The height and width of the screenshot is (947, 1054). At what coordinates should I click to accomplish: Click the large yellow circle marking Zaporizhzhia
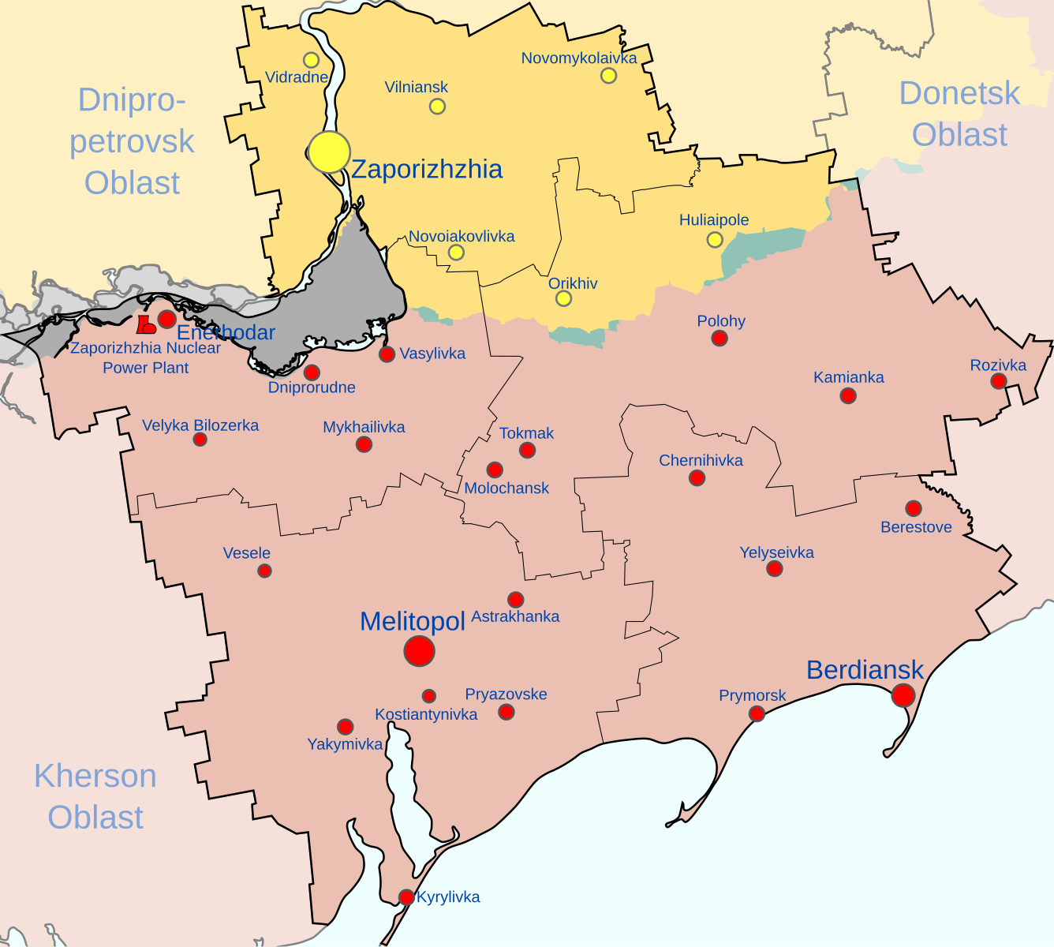click(329, 152)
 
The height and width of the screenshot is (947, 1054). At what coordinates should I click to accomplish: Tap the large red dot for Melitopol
click(419, 651)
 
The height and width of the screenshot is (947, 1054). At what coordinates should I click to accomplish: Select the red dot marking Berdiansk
click(903, 694)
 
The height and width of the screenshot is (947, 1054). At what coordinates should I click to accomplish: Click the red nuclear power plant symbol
click(146, 324)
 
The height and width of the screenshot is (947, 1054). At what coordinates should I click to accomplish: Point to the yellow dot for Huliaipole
click(715, 239)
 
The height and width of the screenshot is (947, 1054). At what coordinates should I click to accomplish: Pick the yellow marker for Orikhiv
click(563, 298)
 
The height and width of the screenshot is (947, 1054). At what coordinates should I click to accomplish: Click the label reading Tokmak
click(526, 433)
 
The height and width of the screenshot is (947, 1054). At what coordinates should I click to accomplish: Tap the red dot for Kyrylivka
click(406, 897)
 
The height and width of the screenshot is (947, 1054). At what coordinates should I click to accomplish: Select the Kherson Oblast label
click(95, 796)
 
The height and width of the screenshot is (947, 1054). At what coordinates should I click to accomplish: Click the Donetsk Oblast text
click(959, 114)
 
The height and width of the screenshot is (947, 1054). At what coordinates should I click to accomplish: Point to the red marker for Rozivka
click(999, 381)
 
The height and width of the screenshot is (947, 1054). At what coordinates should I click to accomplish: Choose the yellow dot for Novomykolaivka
click(608, 75)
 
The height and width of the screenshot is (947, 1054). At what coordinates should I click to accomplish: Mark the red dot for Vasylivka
click(387, 354)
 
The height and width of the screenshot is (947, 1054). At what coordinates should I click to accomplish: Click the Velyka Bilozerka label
click(200, 425)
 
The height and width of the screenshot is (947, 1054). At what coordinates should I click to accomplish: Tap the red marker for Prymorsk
click(757, 713)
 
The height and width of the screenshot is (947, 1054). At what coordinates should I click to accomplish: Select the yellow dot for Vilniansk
click(437, 106)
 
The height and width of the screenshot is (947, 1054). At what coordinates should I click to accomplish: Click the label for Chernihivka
click(701, 460)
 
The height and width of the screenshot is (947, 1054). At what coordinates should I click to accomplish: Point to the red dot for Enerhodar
click(167, 319)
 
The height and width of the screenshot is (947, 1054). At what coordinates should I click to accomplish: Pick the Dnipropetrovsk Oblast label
click(132, 141)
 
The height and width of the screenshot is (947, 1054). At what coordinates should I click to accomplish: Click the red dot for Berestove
click(914, 508)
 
